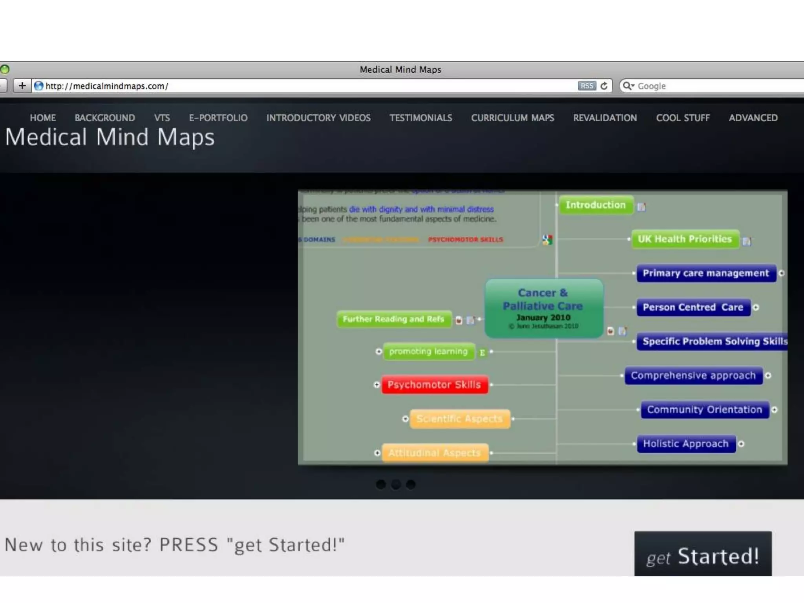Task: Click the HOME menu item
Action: pos(43,118)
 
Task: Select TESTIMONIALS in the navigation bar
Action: pos(420,118)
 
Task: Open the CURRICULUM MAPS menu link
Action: pos(512,118)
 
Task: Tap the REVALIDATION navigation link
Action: pos(605,118)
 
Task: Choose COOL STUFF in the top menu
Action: pos(683,118)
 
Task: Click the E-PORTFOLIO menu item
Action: pos(218,118)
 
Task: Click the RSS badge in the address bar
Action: pos(587,86)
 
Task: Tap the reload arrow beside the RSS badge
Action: pos(604,86)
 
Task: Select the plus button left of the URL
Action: pos(22,86)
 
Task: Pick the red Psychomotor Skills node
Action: pos(435,385)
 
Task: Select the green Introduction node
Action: pos(596,205)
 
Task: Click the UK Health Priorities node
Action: pos(685,239)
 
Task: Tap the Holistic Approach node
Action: pos(685,444)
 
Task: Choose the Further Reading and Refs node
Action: pos(393,319)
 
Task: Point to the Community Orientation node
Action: pos(704,409)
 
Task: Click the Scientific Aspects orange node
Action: pos(459,419)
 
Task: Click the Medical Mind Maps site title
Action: pos(110,137)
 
